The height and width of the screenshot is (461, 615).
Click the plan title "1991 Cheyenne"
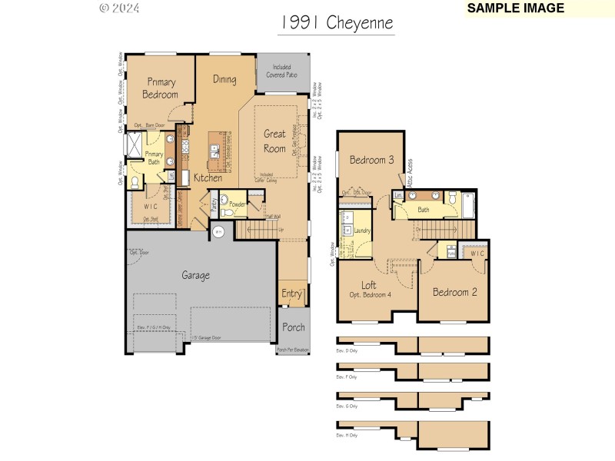336,24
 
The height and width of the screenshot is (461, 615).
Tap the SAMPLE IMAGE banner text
515,8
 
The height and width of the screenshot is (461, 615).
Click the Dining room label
224,79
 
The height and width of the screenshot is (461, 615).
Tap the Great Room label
274,141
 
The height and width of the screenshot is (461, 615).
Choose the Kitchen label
208,178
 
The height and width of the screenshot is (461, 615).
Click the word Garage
195,275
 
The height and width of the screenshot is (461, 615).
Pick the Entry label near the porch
291,294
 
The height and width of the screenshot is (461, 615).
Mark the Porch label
293,327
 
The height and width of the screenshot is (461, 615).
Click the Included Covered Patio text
283,71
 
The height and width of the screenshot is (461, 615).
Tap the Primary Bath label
154,158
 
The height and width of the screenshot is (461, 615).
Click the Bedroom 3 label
372,161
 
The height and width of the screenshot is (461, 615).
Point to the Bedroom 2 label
454,292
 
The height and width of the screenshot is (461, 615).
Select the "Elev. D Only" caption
347,351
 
